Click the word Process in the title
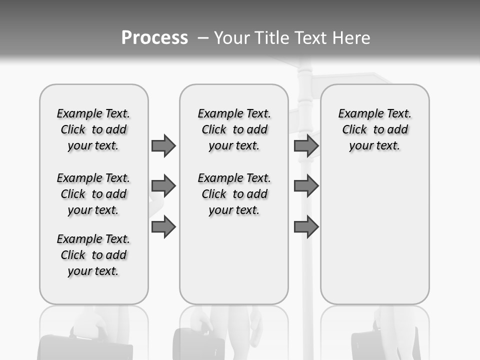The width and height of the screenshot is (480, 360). pos(154,38)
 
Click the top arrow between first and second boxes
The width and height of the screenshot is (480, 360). pos(163,145)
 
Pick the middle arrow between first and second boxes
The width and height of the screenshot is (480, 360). pos(163,186)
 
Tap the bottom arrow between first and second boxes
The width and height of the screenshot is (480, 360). pos(163,227)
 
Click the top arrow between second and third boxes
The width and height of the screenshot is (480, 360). pos(306,145)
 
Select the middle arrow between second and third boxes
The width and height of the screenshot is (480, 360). pos(306,186)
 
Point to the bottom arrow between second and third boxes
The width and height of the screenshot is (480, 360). pos(306,227)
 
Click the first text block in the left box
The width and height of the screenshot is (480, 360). pos(93,129)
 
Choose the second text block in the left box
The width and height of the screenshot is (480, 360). pos(93,194)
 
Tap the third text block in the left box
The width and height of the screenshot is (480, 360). pos(93,255)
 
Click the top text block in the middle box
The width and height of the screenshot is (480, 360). pos(234,129)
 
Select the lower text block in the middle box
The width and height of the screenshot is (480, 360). pos(234,194)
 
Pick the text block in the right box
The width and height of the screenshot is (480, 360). pos(375,129)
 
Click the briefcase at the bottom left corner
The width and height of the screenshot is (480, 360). pos(85,346)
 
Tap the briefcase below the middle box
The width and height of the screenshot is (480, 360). pos(198,343)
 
